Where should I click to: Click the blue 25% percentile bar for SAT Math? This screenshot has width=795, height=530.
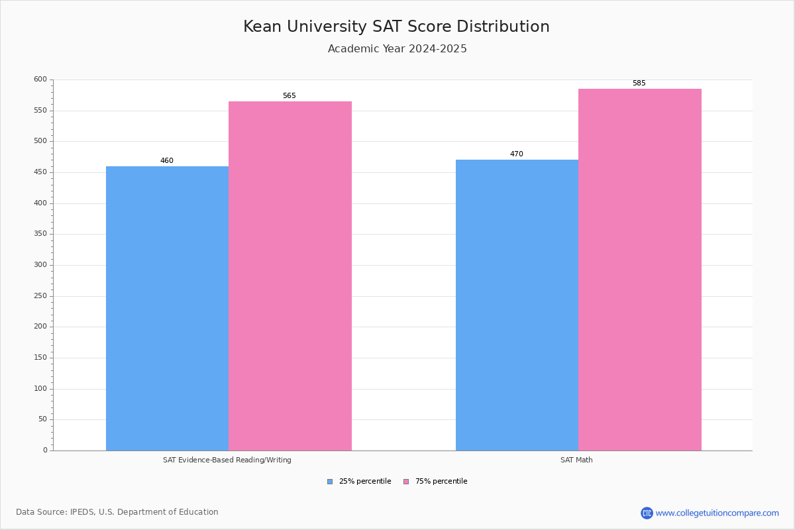coord(517,305)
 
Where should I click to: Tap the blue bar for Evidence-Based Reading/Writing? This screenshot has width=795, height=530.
coord(167,308)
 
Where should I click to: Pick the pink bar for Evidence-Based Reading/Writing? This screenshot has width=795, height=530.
coord(290,276)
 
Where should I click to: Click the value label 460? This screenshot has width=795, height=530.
coord(167,161)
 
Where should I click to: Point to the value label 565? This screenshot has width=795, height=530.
coord(290,96)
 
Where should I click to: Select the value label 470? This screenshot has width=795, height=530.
coord(517,154)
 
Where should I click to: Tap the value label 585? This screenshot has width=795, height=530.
coord(639,83)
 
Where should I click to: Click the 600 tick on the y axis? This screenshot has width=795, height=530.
coord(40,79)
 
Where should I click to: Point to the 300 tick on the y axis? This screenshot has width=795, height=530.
coord(40,265)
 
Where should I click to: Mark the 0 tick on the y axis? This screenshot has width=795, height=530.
coord(45,450)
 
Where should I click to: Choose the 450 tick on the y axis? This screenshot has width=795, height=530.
coord(40,172)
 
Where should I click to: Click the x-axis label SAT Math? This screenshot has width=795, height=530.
coord(576,460)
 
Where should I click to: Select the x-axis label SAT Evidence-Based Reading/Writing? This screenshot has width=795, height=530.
coord(227,460)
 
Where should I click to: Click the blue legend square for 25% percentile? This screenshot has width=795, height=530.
coord(330,482)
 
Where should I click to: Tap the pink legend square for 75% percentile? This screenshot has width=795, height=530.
coord(406,482)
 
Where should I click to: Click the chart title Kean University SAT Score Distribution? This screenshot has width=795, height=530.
coord(396,26)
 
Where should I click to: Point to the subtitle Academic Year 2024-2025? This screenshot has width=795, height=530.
coord(397,49)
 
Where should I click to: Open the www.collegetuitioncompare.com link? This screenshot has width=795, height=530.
coord(717,513)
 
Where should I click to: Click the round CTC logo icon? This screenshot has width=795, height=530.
coord(647,513)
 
